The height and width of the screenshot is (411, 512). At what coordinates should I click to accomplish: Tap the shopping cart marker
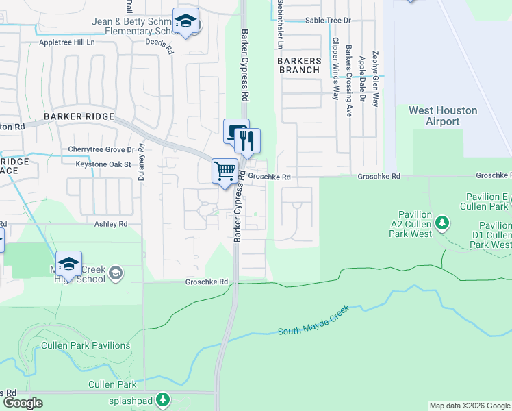(x=225, y=172)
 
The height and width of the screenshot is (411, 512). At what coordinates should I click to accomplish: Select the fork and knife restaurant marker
(x=247, y=140)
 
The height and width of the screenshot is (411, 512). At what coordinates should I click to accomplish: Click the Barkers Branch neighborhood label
(x=298, y=65)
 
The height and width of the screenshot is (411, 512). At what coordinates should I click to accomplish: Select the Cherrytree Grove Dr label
(x=101, y=149)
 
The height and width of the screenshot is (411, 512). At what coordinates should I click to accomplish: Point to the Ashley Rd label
(x=112, y=224)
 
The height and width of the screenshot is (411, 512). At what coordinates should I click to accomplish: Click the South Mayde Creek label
(x=314, y=321)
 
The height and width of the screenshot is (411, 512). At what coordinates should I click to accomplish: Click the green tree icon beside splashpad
(x=162, y=399)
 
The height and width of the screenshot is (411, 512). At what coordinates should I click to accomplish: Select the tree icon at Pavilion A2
(x=442, y=223)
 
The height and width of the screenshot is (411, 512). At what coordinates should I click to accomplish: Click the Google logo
(x=23, y=403)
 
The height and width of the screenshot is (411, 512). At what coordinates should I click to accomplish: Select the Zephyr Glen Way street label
(x=374, y=77)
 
